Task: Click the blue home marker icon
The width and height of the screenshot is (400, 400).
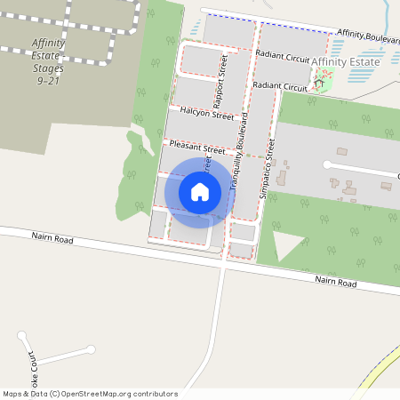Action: coord(200,191)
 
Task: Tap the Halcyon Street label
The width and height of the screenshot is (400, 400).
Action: coord(206,115)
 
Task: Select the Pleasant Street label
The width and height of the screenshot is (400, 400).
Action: coord(197,148)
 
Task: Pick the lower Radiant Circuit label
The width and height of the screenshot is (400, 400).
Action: coord(279,86)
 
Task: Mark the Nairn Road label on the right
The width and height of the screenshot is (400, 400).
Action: coord(335,283)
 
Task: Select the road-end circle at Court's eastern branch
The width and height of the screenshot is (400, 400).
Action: coord(91,349)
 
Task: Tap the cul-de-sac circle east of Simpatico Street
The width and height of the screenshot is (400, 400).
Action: coord(327,165)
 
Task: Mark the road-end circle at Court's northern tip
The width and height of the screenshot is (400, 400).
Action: coord(22,335)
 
